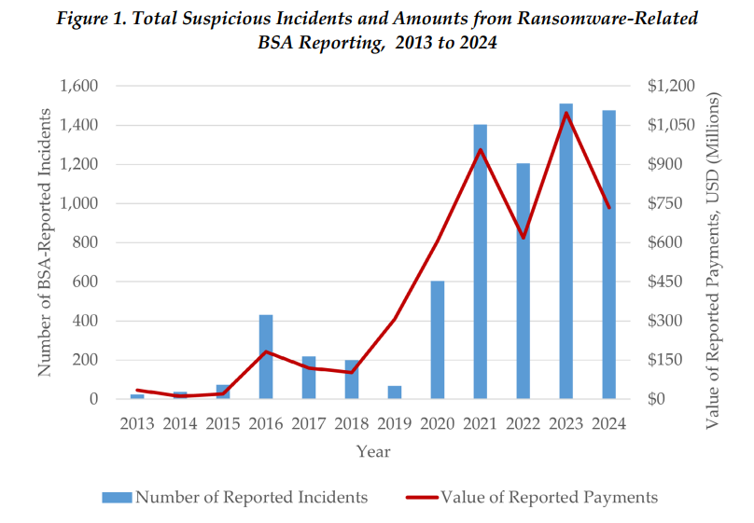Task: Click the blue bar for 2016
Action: (x=266, y=357)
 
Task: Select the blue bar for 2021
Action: (x=481, y=261)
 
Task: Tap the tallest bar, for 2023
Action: (x=566, y=251)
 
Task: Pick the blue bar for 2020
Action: (x=438, y=339)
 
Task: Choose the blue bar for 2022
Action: (x=524, y=281)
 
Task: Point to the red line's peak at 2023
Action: (x=566, y=114)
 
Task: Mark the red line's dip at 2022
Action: (x=524, y=238)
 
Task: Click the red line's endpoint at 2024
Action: (x=609, y=208)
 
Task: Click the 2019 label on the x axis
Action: (x=395, y=423)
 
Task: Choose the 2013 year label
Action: (x=137, y=423)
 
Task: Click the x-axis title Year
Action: (x=372, y=451)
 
